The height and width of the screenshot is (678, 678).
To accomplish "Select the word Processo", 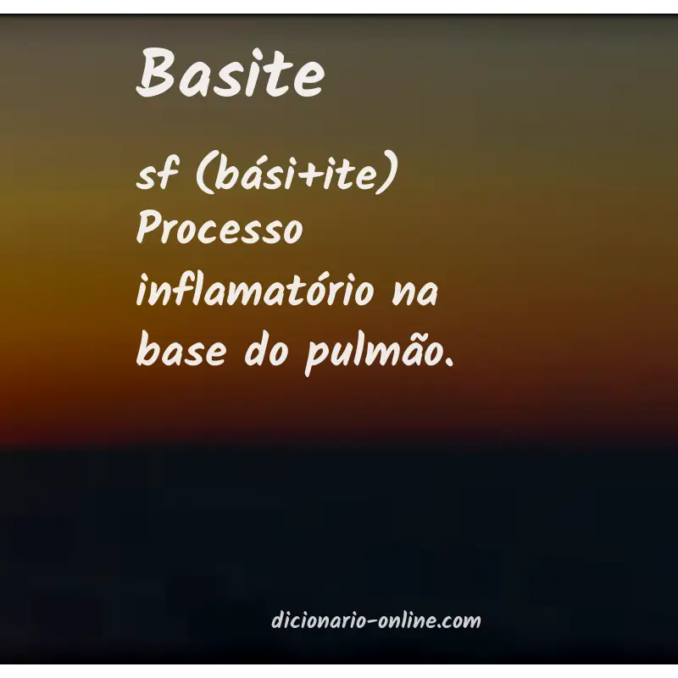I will (x=220, y=231).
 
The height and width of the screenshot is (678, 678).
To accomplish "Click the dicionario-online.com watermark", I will (x=375, y=620).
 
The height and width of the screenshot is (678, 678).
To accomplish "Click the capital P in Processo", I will (x=148, y=231).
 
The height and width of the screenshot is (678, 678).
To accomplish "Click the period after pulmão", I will (x=448, y=359).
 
